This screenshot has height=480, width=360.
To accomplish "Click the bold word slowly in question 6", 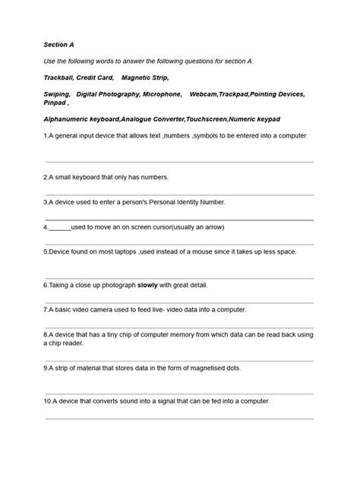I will (148, 286).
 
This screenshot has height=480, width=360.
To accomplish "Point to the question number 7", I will (46, 310).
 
